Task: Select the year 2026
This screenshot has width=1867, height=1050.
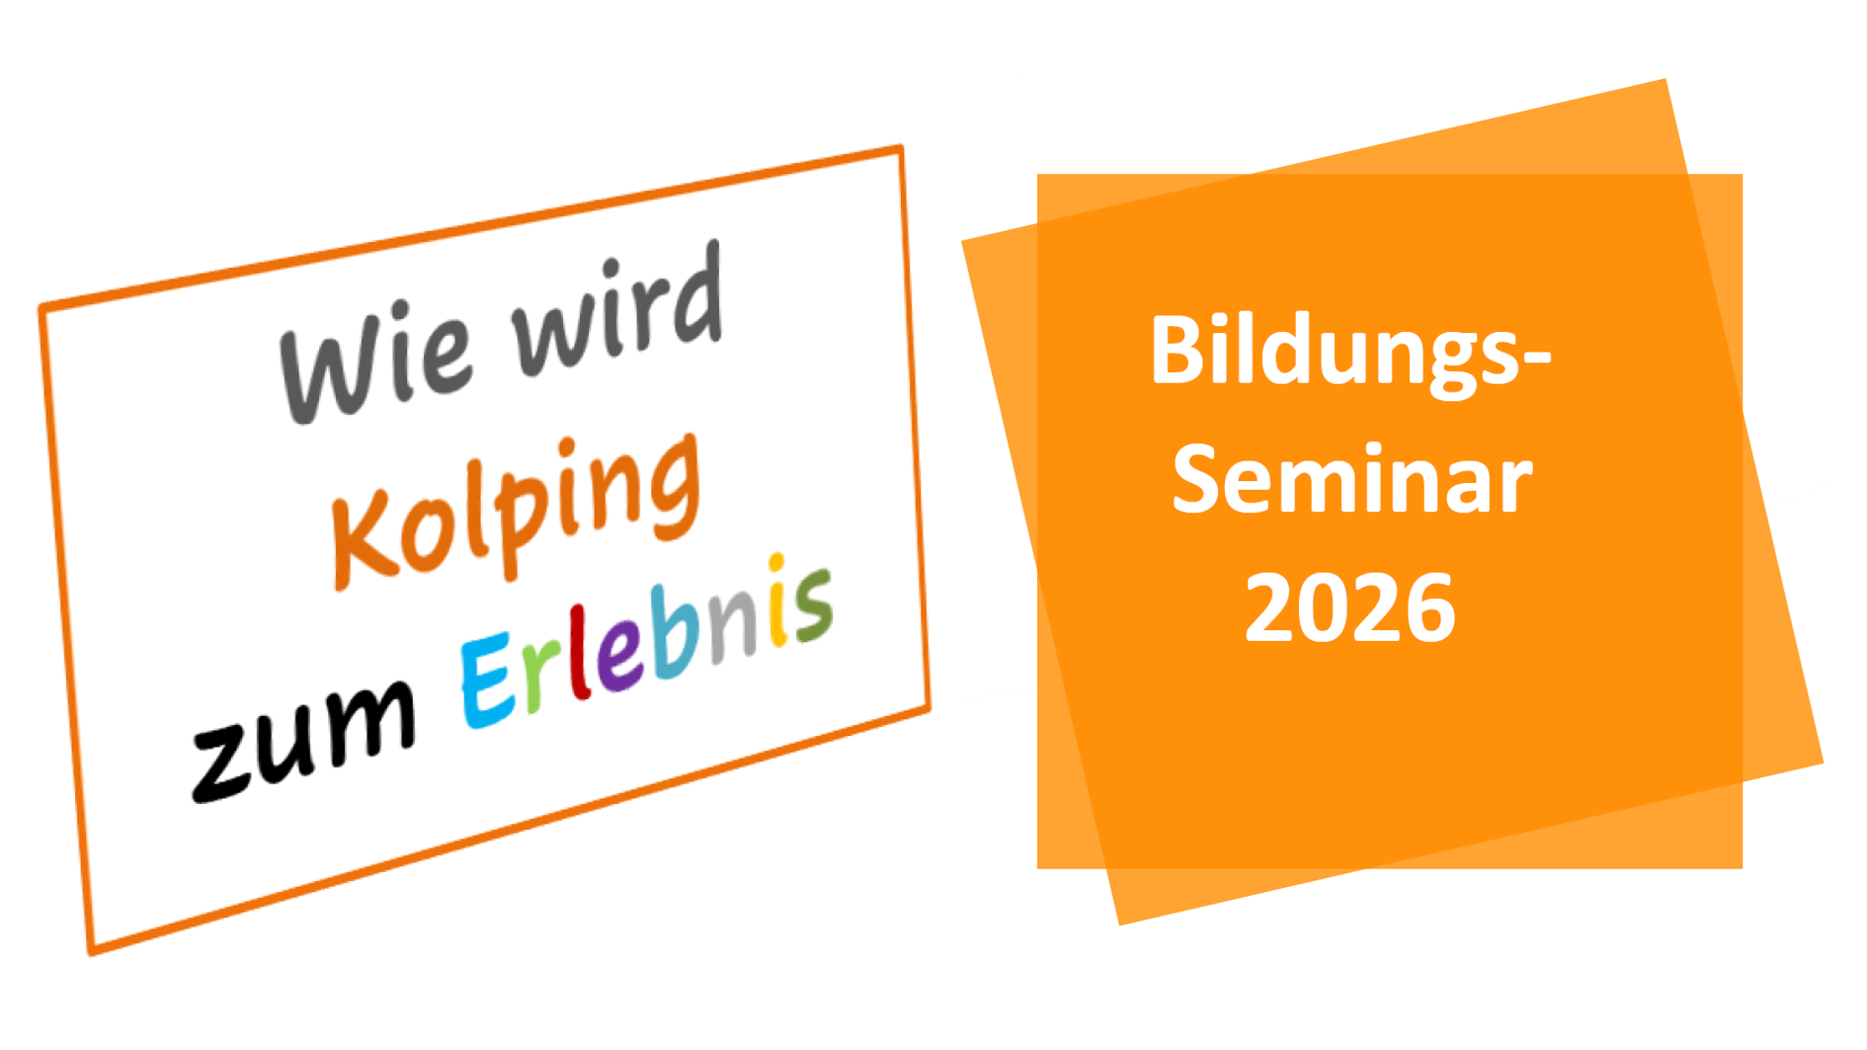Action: tap(1350, 607)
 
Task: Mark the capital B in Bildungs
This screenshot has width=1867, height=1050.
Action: tap(1177, 351)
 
